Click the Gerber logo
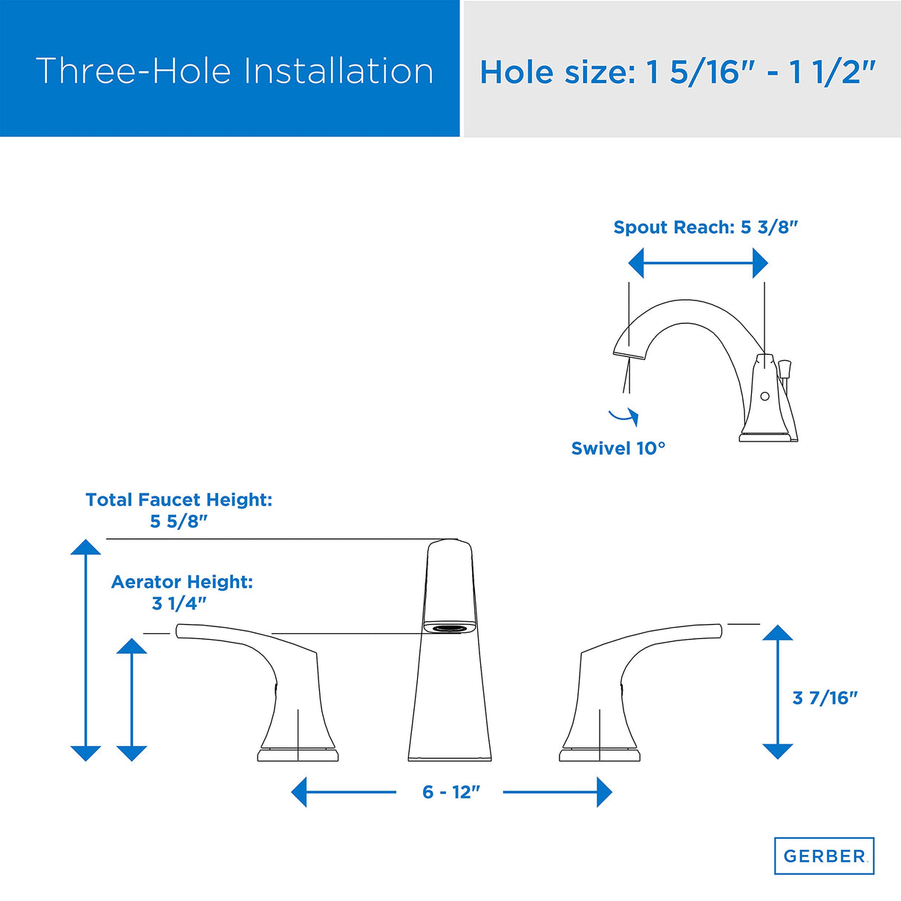coord(824,856)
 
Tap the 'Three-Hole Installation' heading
coord(235,71)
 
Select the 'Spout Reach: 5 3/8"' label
coord(705,227)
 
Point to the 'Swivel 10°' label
coord(618,448)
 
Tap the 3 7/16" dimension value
coord(825,698)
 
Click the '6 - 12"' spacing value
coord(451,792)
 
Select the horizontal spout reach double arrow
coord(698,263)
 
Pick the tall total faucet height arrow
coord(85,650)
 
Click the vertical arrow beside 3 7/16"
coord(777,691)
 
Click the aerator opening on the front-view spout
coord(448,628)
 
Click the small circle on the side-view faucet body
coord(766,397)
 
